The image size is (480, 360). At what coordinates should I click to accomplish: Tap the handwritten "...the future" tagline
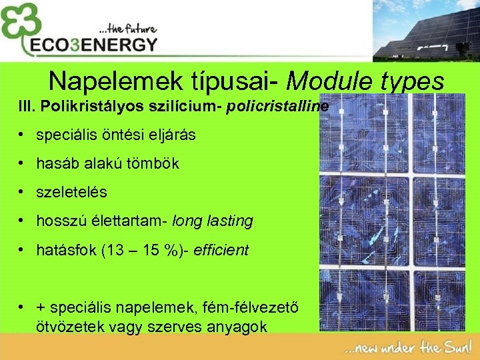pyautogui.click(x=127, y=29)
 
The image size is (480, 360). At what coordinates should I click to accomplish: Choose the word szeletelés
pyautogui.click(x=71, y=192)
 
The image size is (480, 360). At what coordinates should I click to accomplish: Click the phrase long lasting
pyautogui.click(x=213, y=221)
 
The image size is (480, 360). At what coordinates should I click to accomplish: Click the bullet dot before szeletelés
pyautogui.click(x=22, y=192)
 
